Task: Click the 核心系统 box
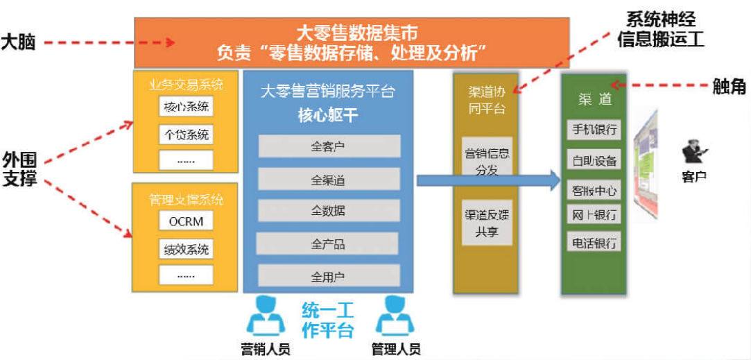(186, 108)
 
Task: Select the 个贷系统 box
(186, 134)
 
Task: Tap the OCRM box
(186, 221)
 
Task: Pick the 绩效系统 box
(186, 248)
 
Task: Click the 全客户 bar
(329, 146)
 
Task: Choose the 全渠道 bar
(329, 180)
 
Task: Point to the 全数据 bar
(329, 210)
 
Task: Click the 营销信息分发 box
(487, 161)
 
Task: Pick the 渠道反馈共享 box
(487, 223)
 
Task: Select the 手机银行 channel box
(594, 130)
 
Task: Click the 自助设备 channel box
(594, 160)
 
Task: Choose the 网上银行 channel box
(594, 214)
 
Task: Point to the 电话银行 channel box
(594, 243)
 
